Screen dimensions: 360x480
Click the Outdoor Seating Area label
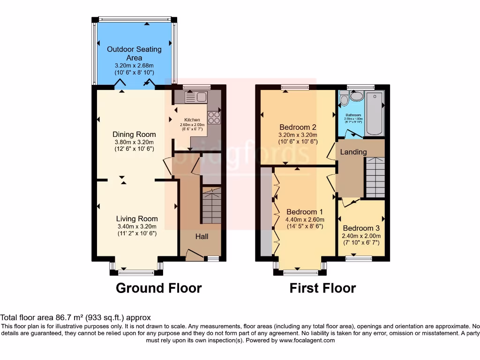(x=134, y=53)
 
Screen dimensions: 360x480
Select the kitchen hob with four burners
(x=214, y=117)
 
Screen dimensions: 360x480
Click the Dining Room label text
(x=134, y=135)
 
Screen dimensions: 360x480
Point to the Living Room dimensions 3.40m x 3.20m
(x=137, y=226)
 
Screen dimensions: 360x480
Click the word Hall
(x=202, y=237)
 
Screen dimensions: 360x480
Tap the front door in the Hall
(x=195, y=255)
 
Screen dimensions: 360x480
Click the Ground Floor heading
(x=158, y=288)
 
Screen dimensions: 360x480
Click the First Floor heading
(x=322, y=288)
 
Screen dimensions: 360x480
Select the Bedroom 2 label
(x=298, y=127)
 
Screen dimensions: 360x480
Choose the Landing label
(x=353, y=152)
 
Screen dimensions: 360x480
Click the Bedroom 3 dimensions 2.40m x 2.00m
(x=360, y=236)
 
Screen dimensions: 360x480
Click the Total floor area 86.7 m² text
(x=75, y=317)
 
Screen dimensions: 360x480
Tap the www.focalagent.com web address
(x=307, y=341)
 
